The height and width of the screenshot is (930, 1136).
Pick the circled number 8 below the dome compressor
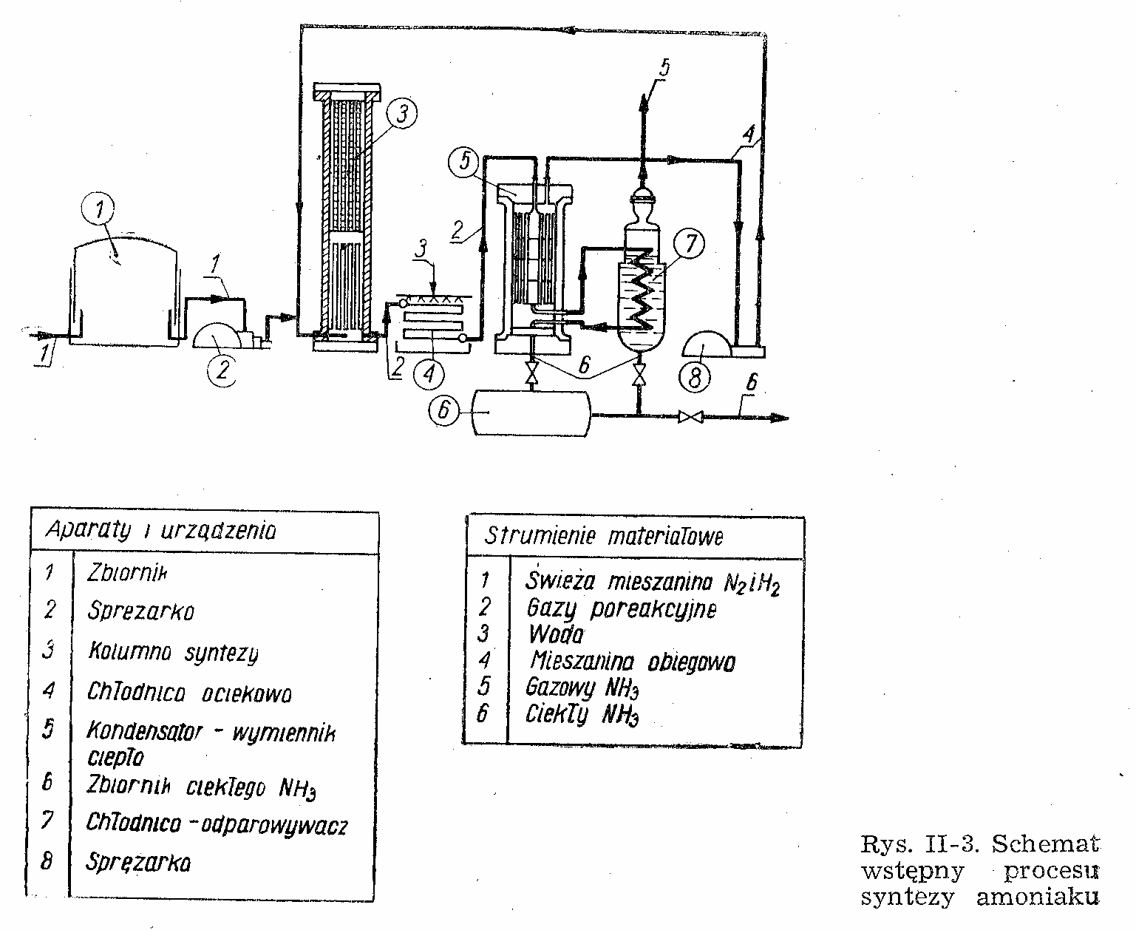coord(695,379)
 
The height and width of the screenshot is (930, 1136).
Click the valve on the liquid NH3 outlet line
coord(690,418)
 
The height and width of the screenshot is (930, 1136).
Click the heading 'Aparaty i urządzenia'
coord(160,530)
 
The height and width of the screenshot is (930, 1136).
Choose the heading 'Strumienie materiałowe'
coord(604,537)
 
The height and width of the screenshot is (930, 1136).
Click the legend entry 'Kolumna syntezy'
coord(173,654)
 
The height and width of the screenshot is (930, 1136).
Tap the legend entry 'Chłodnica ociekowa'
coord(189,693)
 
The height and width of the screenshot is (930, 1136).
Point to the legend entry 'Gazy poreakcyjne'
coord(621,609)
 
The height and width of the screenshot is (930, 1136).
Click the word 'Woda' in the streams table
coord(555,635)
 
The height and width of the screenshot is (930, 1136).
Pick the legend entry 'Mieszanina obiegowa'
coord(630,662)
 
